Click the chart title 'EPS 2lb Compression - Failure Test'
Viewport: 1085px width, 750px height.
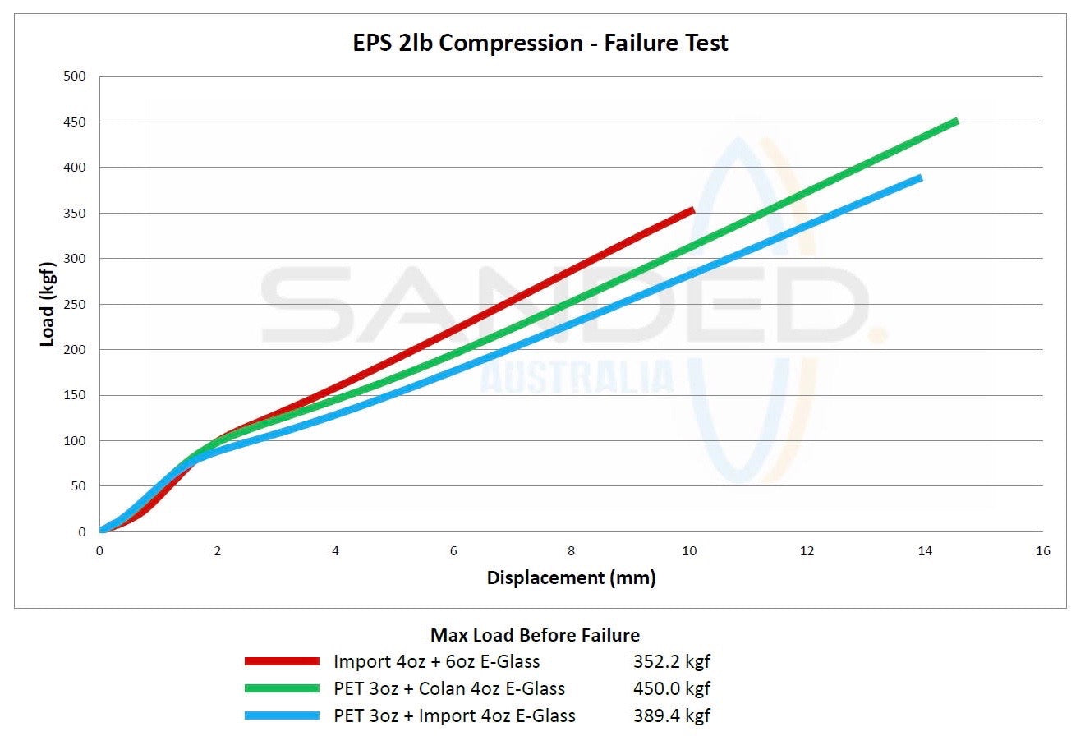[540, 43]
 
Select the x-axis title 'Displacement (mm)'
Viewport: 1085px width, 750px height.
[571, 577]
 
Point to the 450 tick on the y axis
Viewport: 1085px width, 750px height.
[76, 122]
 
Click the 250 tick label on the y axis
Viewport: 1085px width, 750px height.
[76, 305]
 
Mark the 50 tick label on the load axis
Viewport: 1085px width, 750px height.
[79, 486]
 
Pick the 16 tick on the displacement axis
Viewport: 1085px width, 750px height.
[1042, 551]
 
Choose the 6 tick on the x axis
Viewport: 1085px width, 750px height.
[453, 551]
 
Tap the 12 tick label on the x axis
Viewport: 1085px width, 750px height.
[807, 551]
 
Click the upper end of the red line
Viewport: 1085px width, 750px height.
[693, 210]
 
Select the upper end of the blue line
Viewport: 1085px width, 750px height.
[921, 177]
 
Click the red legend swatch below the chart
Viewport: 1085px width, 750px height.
[282, 661]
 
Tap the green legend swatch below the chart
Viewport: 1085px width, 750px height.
[282, 688]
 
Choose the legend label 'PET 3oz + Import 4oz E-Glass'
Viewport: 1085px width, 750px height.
[454, 715]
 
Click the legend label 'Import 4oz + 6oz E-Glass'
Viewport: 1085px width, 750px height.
[436, 661]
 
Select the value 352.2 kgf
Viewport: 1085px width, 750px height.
[671, 661]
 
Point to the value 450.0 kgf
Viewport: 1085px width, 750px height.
[671, 688]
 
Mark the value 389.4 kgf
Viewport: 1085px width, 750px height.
[671, 715]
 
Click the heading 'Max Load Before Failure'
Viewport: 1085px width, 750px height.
[535, 635]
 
